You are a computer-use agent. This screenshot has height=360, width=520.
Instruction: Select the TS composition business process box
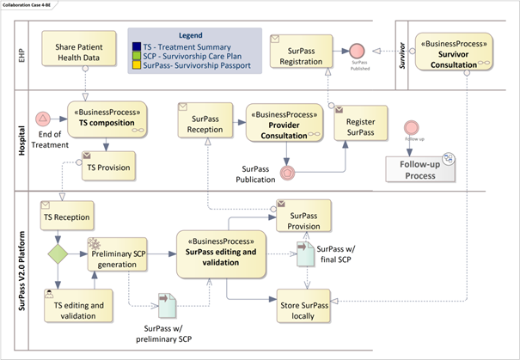107,118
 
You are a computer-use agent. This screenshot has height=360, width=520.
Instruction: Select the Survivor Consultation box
453,52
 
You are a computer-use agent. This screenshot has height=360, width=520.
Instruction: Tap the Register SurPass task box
361,126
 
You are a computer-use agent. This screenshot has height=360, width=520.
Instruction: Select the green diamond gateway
58,254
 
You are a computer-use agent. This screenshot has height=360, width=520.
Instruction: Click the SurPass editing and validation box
227,252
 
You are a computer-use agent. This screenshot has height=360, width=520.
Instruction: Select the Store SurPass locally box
305,308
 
